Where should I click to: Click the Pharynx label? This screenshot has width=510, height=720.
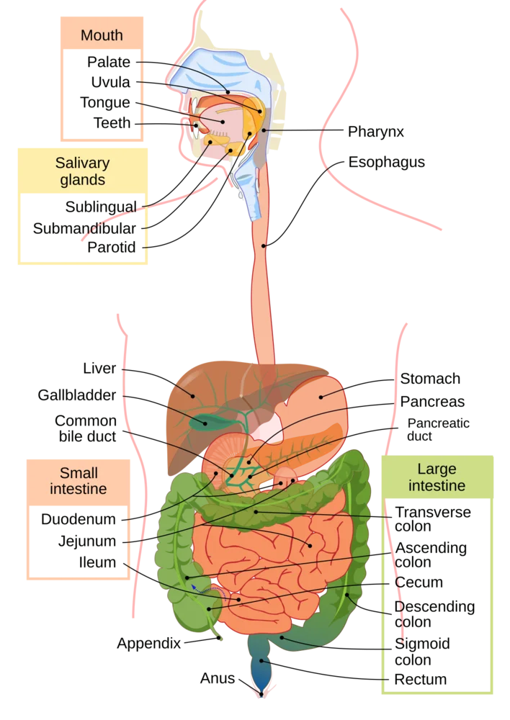[x=375, y=132]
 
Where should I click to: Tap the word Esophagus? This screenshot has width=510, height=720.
[x=386, y=162]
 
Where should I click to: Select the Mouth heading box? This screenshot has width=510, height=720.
[x=102, y=33]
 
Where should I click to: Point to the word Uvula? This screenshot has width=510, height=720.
[x=110, y=82]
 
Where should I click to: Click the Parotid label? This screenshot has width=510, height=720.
[x=111, y=248]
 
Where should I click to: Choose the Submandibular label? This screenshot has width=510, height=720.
[x=84, y=228]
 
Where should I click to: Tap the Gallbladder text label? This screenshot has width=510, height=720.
[x=77, y=395]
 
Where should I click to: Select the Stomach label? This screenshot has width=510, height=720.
[x=430, y=379]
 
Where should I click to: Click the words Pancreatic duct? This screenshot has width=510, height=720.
[x=438, y=429]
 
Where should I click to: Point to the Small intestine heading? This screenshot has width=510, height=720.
[x=78, y=481]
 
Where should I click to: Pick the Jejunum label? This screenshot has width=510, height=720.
[x=87, y=541]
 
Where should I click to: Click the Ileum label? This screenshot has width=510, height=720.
[x=97, y=562]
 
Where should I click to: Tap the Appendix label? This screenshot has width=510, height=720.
[x=149, y=643]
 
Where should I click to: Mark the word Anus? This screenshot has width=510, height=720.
[x=218, y=678]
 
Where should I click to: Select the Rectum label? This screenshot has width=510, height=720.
[x=420, y=679]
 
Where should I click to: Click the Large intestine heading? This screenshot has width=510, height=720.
[x=437, y=477]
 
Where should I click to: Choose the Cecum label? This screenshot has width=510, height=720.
[x=419, y=582]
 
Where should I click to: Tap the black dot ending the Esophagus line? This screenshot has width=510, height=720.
[x=264, y=246]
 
